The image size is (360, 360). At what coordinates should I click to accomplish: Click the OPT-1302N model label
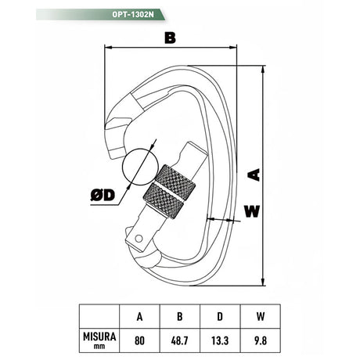133,15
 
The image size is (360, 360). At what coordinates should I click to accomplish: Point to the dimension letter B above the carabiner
170,38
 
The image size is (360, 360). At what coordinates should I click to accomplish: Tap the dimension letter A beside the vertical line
254,175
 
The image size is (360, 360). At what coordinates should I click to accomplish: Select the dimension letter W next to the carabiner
252,211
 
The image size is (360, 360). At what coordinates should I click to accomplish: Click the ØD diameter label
103,195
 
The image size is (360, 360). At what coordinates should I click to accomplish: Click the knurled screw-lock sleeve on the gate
169,192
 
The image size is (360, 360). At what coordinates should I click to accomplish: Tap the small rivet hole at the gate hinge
139,239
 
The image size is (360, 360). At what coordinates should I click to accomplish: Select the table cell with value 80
139,340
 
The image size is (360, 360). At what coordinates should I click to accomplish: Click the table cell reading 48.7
180,340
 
